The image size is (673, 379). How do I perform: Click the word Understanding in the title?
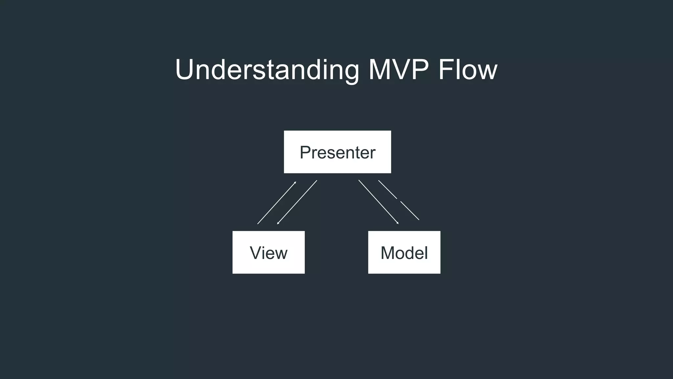[267, 70]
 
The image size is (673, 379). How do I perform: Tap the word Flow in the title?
[468, 70]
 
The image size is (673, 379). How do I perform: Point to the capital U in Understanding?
[187, 70]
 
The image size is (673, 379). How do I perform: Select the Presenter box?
[337, 152]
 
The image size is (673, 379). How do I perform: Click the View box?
[268, 252]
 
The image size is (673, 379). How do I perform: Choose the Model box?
[404, 252]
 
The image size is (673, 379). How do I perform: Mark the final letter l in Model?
[426, 253]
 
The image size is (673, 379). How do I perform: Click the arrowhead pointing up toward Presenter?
[295, 183]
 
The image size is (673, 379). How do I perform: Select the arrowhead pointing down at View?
[278, 223]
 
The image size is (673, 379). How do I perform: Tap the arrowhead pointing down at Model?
[398, 223]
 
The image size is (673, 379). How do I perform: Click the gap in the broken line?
[399, 200]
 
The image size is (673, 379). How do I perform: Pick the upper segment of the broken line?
[387, 189]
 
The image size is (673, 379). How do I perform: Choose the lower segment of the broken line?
[410, 211]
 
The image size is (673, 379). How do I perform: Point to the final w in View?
[282, 253]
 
